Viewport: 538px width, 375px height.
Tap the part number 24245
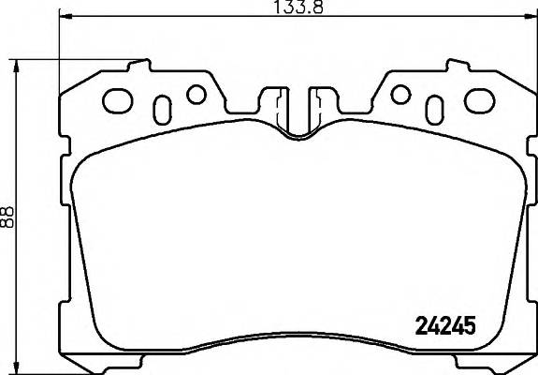444,327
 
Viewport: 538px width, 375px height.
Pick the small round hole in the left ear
196,94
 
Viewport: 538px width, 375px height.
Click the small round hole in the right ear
400,94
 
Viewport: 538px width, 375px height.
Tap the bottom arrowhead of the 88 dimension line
17,367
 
